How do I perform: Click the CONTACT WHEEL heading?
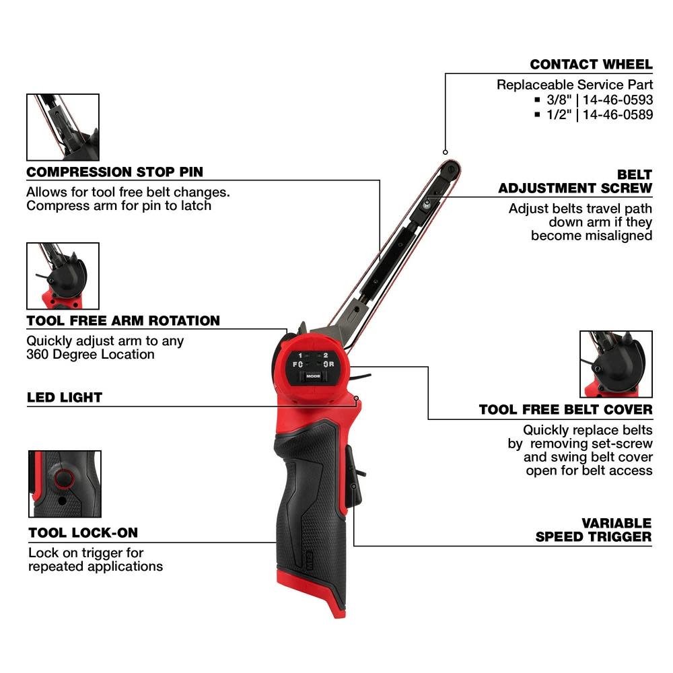click(591, 65)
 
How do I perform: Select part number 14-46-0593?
click(618, 100)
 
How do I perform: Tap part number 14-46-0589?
click(618, 114)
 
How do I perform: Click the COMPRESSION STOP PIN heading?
click(114, 172)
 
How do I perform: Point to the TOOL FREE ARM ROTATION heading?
click(123, 320)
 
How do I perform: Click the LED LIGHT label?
click(65, 397)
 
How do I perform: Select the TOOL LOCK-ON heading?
click(83, 533)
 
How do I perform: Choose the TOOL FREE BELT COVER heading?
click(565, 409)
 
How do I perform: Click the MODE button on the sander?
click(313, 377)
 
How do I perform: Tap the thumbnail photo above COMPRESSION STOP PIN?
click(63, 127)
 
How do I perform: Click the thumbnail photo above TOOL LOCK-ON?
click(65, 484)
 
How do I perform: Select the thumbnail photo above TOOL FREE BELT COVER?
click(616, 364)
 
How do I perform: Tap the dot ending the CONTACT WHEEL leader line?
click(446, 151)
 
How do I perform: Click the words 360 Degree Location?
click(90, 354)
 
